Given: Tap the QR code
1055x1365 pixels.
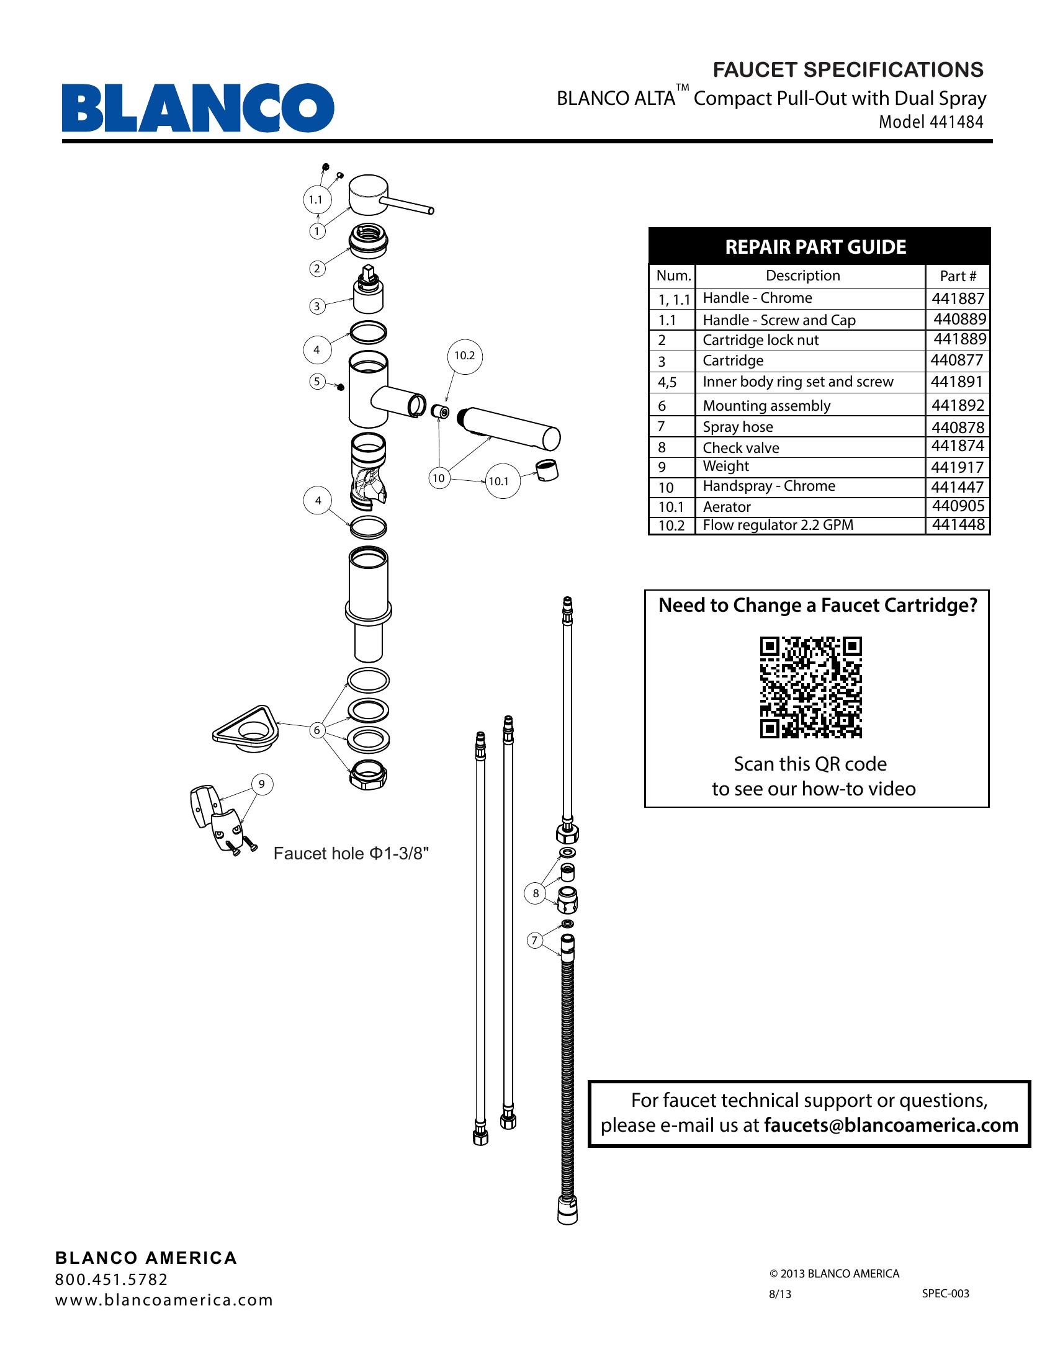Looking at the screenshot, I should point(810,687).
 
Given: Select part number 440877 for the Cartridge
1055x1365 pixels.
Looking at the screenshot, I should point(957,360).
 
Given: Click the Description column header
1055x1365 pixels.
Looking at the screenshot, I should point(802,275).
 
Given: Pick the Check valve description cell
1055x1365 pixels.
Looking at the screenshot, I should point(740,447).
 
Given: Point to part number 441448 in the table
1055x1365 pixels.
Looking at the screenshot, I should point(958,525).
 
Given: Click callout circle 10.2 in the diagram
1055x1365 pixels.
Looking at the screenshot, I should point(464,356).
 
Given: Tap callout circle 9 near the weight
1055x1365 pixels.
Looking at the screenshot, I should point(262,784).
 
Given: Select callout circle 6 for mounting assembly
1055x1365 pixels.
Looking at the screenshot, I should point(318,730).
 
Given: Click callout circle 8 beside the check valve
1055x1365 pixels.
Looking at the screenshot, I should point(536,893).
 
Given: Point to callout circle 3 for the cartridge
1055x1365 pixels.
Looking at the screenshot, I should point(317,307).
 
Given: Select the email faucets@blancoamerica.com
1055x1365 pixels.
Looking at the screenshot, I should point(891,1125).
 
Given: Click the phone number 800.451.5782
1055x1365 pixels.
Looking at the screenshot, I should point(112,1279).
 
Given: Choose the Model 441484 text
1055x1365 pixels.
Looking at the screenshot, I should point(931,122).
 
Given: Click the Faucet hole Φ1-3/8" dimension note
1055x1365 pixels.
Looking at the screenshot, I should point(351,854).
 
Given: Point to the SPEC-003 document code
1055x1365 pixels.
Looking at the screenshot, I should point(945,1294).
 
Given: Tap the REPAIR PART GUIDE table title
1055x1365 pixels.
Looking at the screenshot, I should point(815,247).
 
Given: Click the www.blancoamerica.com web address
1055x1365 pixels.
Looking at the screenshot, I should point(164,1300).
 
